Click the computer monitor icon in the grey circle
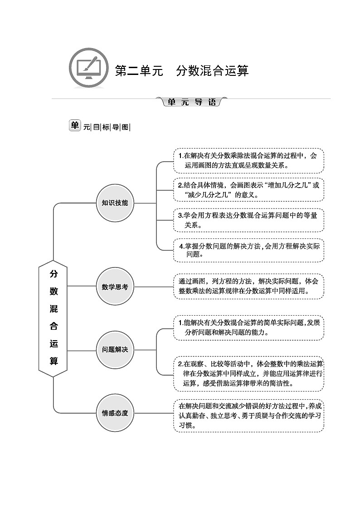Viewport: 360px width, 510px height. click(x=88, y=69)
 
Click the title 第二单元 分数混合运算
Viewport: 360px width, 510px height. click(x=182, y=71)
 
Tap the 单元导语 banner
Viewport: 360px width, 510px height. click(x=192, y=102)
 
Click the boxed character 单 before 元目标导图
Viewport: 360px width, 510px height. click(x=75, y=126)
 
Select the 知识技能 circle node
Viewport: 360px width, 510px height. click(x=115, y=203)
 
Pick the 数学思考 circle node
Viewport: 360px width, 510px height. click(x=115, y=287)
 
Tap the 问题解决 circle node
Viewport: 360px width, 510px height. click(x=115, y=350)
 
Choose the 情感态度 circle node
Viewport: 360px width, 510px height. click(x=115, y=413)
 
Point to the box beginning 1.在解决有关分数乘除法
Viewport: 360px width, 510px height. click(x=248, y=160)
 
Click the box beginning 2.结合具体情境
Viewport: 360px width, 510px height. click(x=248, y=190)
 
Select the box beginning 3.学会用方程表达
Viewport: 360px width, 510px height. click(x=248, y=220)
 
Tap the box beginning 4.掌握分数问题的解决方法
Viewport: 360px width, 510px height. click(x=248, y=250)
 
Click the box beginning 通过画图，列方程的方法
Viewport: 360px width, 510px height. click(x=248, y=286)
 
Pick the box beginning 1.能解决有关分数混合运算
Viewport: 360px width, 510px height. click(x=248, y=327)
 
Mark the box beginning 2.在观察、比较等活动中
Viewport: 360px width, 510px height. click(x=248, y=373)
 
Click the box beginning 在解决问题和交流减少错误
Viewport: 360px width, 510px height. click(x=248, y=416)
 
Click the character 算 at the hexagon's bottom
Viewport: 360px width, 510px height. click(x=54, y=361)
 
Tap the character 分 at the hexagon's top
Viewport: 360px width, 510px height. click(x=54, y=274)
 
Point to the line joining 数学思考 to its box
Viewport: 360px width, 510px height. click(x=154, y=287)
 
